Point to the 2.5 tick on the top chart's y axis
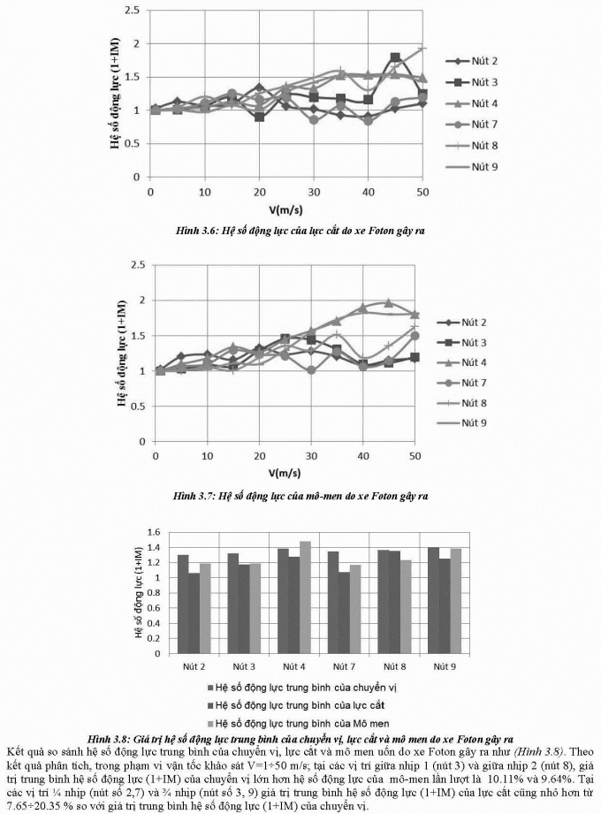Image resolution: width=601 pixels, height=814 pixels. tap(133, 11)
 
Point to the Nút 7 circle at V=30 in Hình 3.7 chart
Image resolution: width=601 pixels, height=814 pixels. tap(312, 369)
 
